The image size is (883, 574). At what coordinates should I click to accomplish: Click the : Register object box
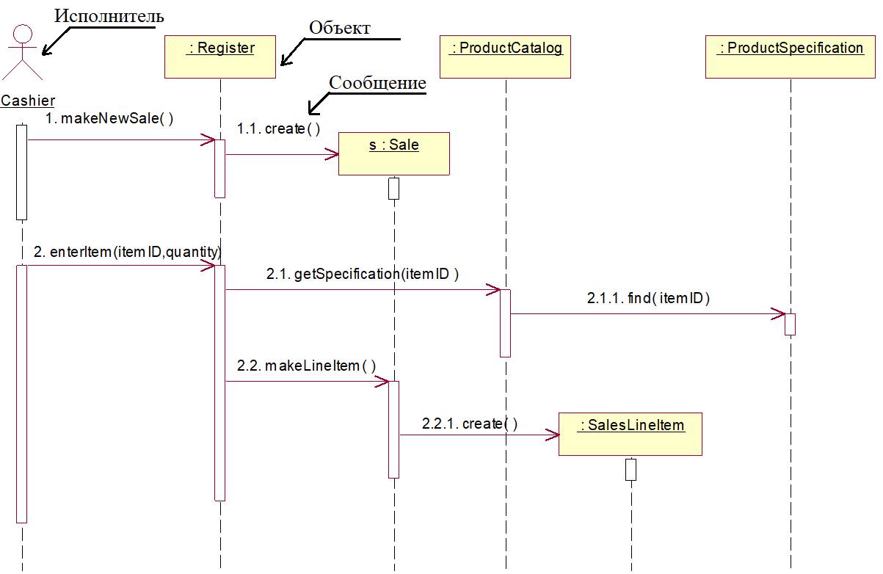click(x=220, y=57)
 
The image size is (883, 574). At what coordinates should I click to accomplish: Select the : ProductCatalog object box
click(x=505, y=57)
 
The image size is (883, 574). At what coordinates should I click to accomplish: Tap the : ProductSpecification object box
click(x=791, y=57)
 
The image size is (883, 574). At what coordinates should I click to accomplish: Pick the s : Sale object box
click(x=393, y=153)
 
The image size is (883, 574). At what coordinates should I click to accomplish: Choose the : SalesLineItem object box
click(x=631, y=434)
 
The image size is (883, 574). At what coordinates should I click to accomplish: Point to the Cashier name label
click(x=28, y=101)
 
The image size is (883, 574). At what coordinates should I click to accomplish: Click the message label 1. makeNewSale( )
click(x=109, y=118)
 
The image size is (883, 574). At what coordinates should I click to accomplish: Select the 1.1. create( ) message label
click(x=278, y=129)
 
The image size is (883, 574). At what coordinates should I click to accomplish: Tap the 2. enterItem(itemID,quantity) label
click(x=127, y=252)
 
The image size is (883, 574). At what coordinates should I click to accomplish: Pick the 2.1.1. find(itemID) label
click(x=648, y=299)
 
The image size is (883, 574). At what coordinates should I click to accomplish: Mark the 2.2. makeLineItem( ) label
click(x=306, y=366)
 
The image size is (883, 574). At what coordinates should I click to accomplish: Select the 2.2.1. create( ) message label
click(x=470, y=424)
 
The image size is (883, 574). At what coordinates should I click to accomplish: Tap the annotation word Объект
click(x=339, y=28)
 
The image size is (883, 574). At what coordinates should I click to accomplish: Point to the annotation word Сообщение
click(x=377, y=83)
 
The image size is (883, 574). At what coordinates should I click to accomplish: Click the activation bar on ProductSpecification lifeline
click(x=790, y=324)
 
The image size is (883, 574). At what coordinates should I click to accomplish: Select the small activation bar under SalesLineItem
click(x=631, y=469)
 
